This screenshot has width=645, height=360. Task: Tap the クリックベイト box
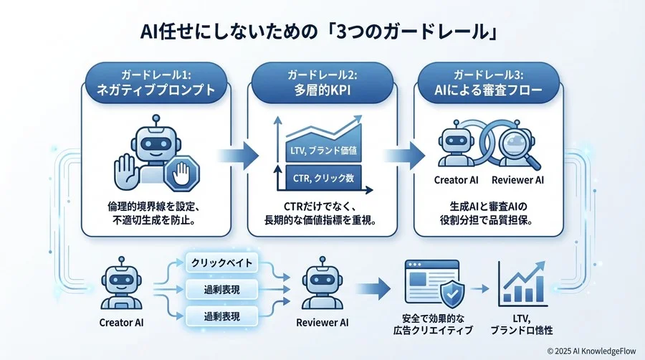(221, 263)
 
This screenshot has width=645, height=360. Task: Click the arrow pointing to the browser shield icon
(373, 289)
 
